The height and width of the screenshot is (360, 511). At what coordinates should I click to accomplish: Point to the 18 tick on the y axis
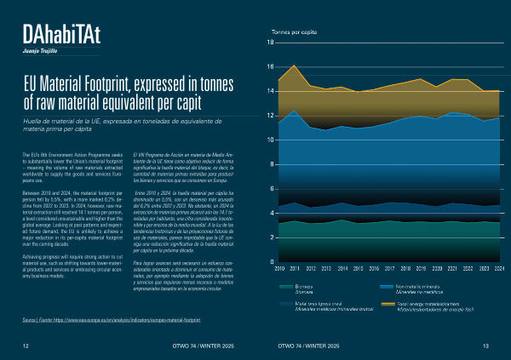click(x=270, y=43)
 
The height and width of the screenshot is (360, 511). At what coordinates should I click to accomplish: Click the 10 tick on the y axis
click(x=270, y=140)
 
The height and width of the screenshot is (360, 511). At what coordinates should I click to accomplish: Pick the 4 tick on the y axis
click(x=271, y=213)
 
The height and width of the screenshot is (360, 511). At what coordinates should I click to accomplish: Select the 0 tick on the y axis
click(x=271, y=262)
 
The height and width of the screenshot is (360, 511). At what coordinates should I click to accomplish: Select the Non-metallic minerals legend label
click(x=418, y=286)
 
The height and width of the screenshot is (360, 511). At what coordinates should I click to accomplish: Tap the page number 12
click(x=26, y=346)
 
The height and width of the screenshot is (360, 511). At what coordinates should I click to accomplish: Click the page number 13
click(x=485, y=346)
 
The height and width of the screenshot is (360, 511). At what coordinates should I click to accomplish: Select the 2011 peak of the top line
click(x=294, y=66)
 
